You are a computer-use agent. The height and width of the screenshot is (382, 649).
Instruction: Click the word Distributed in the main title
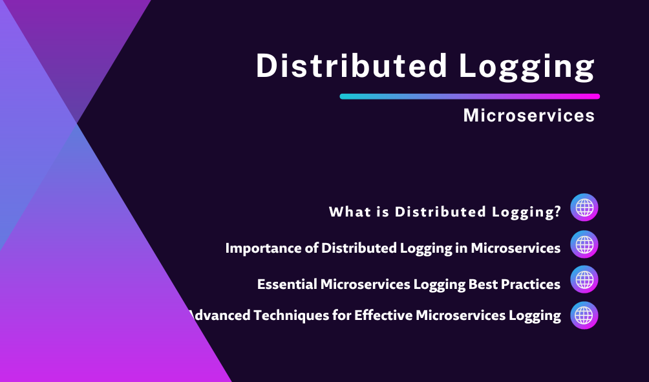pos(352,65)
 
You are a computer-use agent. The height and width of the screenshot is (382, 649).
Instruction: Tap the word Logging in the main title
pos(527,67)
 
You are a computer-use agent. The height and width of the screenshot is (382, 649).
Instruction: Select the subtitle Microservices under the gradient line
pos(529,115)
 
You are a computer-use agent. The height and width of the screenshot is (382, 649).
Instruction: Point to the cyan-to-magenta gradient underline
pos(470,96)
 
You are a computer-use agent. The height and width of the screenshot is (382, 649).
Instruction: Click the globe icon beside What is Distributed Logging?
pos(584,207)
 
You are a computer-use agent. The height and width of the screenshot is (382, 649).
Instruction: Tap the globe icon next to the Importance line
pos(584,244)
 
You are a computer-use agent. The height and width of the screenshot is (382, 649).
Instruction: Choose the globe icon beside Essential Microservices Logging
pos(584,279)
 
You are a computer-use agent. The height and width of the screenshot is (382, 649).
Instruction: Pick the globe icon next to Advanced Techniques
pos(584,315)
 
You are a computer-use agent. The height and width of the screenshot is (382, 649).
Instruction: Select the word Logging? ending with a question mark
pos(526,212)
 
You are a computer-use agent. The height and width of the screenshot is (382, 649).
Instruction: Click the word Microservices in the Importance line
pos(516,248)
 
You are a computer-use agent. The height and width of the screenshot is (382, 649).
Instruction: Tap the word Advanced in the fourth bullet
pos(219,315)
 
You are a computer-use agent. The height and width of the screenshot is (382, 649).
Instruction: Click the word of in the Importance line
pos(312,248)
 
